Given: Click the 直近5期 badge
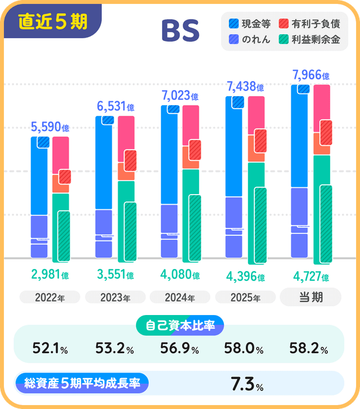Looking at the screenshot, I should [52, 21].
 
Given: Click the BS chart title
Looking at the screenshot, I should [181, 32].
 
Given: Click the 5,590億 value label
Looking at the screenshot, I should [50, 127].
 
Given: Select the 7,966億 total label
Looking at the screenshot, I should [310, 75].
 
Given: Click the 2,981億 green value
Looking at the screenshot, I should [50, 275].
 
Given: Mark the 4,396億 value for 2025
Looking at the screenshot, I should [245, 276].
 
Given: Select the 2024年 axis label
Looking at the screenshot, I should [180, 298].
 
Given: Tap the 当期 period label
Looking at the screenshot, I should [310, 296].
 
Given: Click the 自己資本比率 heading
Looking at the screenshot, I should [180, 325].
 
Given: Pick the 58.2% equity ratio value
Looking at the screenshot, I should [309, 349].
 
